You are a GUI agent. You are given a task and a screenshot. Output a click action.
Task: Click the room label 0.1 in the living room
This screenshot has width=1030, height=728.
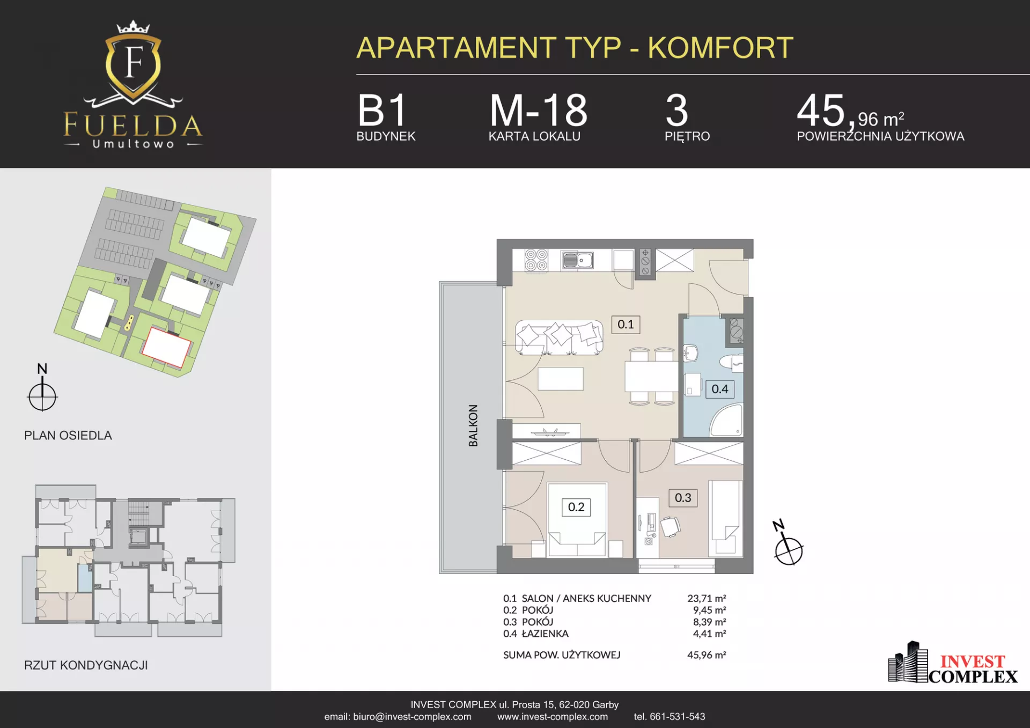(626, 324)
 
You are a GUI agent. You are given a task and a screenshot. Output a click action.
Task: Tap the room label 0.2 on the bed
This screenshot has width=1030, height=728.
(576, 507)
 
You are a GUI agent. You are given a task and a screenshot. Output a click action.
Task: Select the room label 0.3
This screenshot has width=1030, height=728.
(683, 498)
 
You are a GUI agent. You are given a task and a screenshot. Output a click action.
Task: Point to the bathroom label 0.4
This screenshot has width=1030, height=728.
(720, 389)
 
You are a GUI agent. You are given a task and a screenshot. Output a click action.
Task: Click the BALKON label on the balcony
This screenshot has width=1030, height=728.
(473, 425)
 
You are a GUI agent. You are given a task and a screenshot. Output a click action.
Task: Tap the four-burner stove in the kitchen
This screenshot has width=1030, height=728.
(536, 260)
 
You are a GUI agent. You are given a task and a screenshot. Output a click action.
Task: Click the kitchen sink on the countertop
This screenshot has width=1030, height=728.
(577, 260)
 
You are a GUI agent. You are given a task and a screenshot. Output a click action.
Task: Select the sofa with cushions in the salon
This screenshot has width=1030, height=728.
(559, 337)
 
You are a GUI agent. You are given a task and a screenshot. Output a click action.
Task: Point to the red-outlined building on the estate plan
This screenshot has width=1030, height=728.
(166, 347)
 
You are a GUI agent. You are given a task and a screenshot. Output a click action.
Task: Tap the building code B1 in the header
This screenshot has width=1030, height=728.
(382, 111)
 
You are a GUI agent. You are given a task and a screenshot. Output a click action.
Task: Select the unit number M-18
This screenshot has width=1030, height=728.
(539, 111)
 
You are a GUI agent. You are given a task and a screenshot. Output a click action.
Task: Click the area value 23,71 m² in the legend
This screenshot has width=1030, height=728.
(707, 598)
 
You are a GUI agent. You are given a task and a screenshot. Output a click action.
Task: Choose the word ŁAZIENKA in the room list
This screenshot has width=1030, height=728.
(545, 634)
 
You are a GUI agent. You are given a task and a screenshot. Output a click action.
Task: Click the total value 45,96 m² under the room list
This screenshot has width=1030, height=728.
(707, 655)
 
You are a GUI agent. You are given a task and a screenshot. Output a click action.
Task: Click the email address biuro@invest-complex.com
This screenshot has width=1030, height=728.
(412, 717)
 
